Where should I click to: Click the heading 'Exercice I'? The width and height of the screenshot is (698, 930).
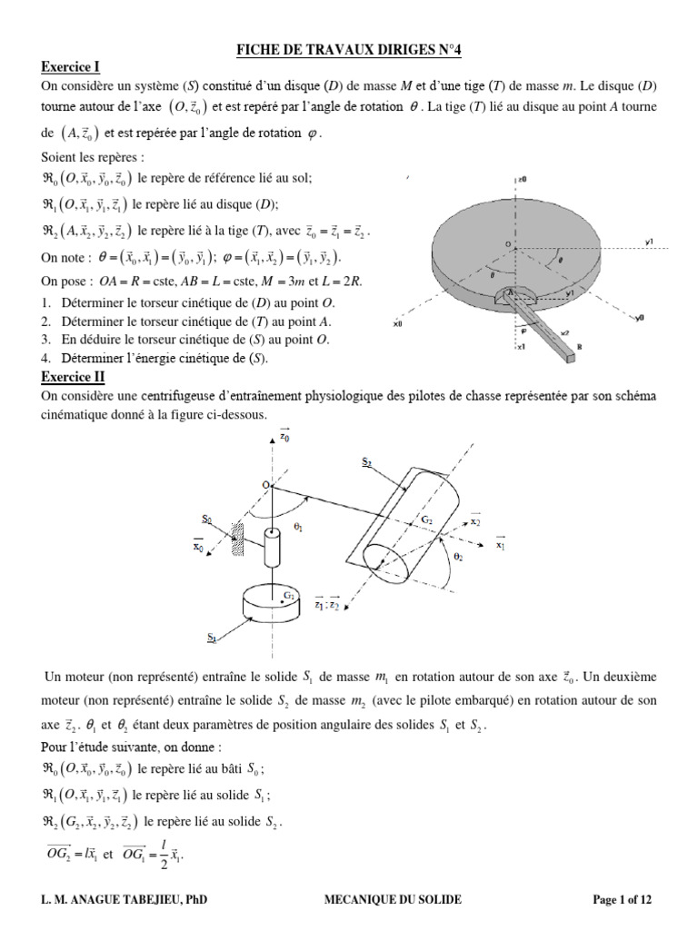click(70, 67)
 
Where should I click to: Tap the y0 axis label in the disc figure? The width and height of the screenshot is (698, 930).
click(640, 318)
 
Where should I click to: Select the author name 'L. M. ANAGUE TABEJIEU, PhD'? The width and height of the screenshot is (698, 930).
click(124, 899)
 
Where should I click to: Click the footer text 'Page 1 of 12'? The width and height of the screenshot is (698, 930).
click(622, 899)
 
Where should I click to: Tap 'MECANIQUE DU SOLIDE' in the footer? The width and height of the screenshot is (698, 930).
click(393, 899)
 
